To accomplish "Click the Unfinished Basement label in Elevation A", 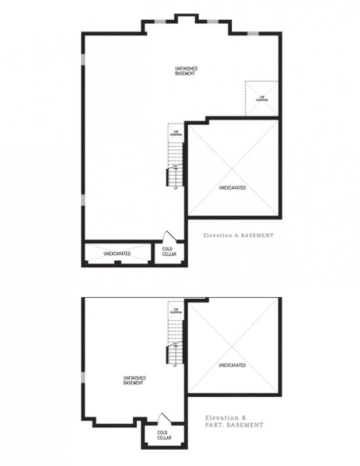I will coord(185,72).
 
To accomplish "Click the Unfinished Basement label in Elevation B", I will coord(134,380).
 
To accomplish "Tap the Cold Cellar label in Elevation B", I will coord(163,435).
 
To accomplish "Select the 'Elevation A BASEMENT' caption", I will coord(238,236).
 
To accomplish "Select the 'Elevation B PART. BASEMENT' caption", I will coord(234,421).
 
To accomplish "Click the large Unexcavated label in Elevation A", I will coord(232,188).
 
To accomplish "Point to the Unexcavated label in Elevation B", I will coord(232,365).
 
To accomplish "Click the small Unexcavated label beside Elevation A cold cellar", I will coord(117,254).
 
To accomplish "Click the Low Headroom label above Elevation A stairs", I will coord(175,133).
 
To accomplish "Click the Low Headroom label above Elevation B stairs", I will coord(175,310).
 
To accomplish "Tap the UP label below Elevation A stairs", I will coord(175,188).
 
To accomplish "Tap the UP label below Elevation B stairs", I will coord(175,365).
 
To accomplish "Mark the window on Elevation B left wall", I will coord(83,377).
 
